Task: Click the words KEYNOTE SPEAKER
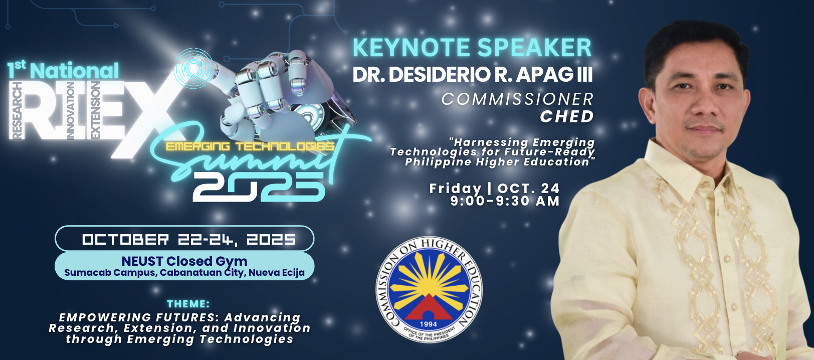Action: [x=472, y=48]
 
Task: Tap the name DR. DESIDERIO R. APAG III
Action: [x=472, y=75]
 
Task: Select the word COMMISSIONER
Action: [x=517, y=99]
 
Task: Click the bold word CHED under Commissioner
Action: [x=566, y=117]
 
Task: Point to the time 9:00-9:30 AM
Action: [x=505, y=201]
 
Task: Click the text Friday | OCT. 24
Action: [x=494, y=189]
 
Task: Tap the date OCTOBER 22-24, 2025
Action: [x=189, y=239]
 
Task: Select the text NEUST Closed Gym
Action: [x=184, y=261]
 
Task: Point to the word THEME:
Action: [x=188, y=304]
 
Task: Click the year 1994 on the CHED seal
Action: [x=429, y=324]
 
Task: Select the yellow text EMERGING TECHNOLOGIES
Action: [x=250, y=146]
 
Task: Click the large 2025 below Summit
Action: [x=259, y=187]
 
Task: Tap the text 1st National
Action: [x=63, y=70]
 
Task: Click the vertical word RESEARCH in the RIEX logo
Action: [x=17, y=110]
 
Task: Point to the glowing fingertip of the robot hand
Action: [x=192, y=68]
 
